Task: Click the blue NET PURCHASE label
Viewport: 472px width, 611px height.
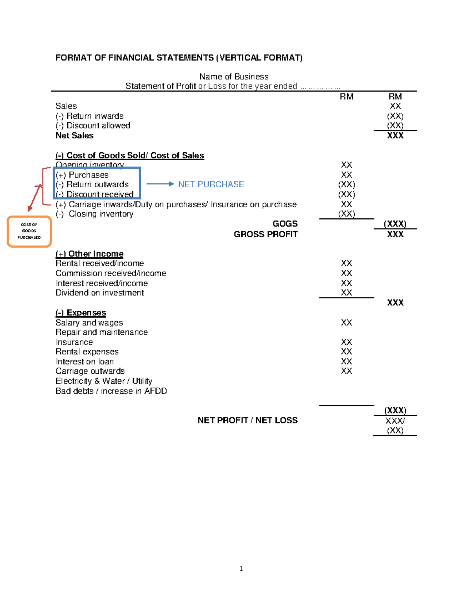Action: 211,184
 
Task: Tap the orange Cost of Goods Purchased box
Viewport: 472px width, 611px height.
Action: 29,231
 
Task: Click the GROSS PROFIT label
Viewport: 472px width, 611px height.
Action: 265,234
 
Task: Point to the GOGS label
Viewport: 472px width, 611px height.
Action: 285,224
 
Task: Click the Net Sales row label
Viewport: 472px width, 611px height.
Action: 74,135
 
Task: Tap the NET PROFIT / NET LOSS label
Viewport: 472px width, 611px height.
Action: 247,420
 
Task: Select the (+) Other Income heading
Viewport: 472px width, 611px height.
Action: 89,254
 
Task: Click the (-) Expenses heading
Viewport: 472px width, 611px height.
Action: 81,313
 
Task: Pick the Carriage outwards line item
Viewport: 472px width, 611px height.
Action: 90,371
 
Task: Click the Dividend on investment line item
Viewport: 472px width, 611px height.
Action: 100,293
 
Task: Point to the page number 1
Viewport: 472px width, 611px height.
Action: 241,569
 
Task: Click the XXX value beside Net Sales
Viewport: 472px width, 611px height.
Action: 395,135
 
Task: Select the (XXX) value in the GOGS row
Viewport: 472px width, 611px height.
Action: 395,224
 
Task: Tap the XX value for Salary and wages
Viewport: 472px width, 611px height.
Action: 346,323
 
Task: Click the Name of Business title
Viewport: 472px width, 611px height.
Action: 234,76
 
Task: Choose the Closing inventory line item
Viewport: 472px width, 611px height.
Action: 101,214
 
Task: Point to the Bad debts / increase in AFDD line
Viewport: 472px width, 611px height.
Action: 111,391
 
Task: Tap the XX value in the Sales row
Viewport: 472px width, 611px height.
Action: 395,106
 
